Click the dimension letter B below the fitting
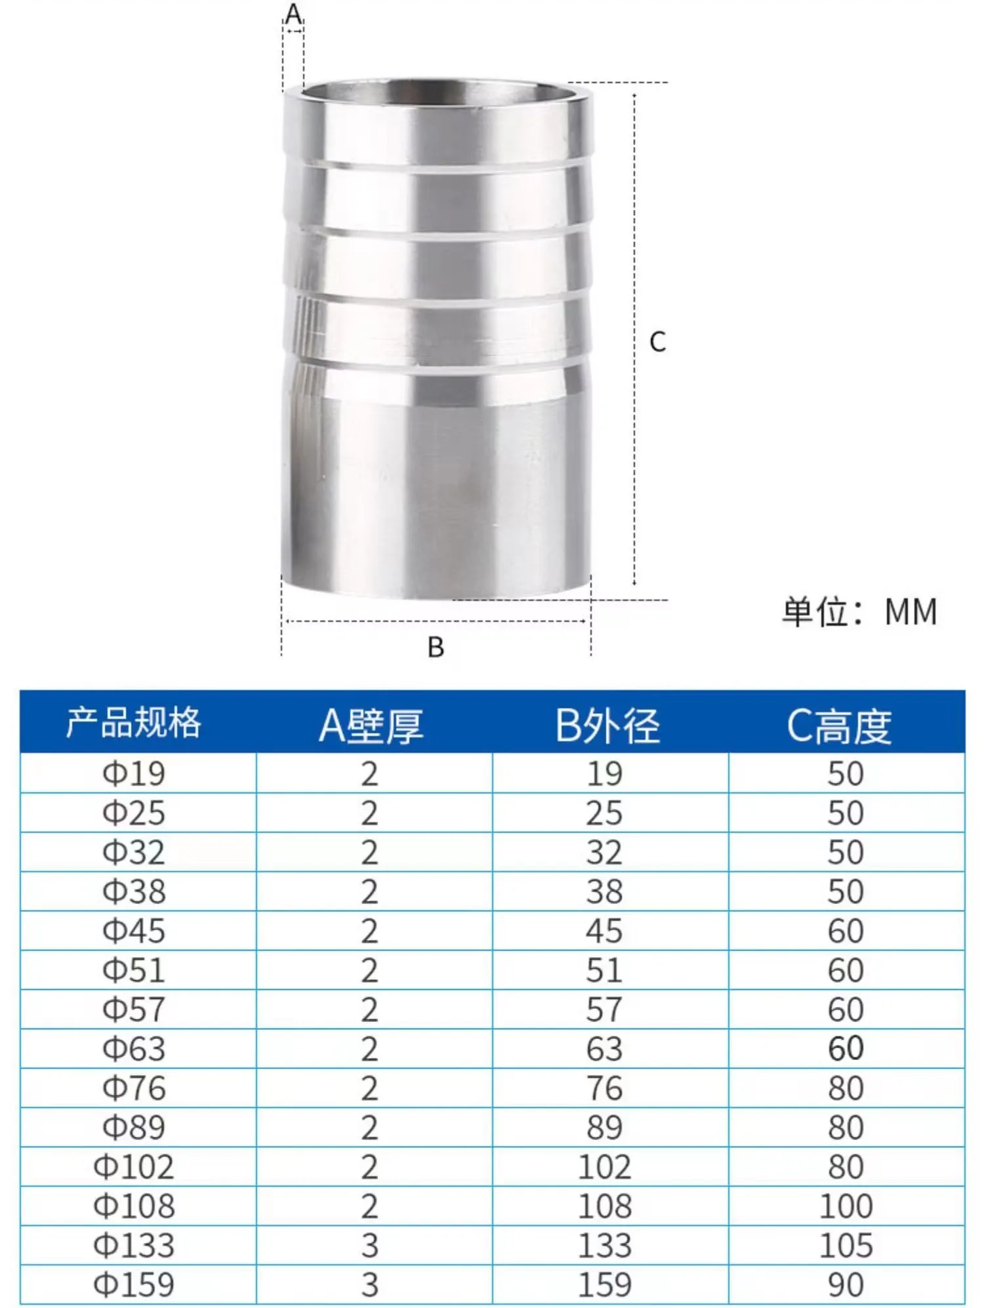[436, 647]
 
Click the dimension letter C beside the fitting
[657, 342]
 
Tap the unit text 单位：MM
[859, 612]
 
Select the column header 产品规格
[134, 723]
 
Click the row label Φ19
[134, 773]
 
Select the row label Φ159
[134, 1284]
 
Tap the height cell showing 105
[846, 1245]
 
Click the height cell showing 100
[846, 1206]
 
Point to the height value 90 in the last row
[846, 1284]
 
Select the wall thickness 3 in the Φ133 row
[370, 1245]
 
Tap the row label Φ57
[134, 1010]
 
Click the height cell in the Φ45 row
[846, 931]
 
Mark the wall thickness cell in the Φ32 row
[370, 852]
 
